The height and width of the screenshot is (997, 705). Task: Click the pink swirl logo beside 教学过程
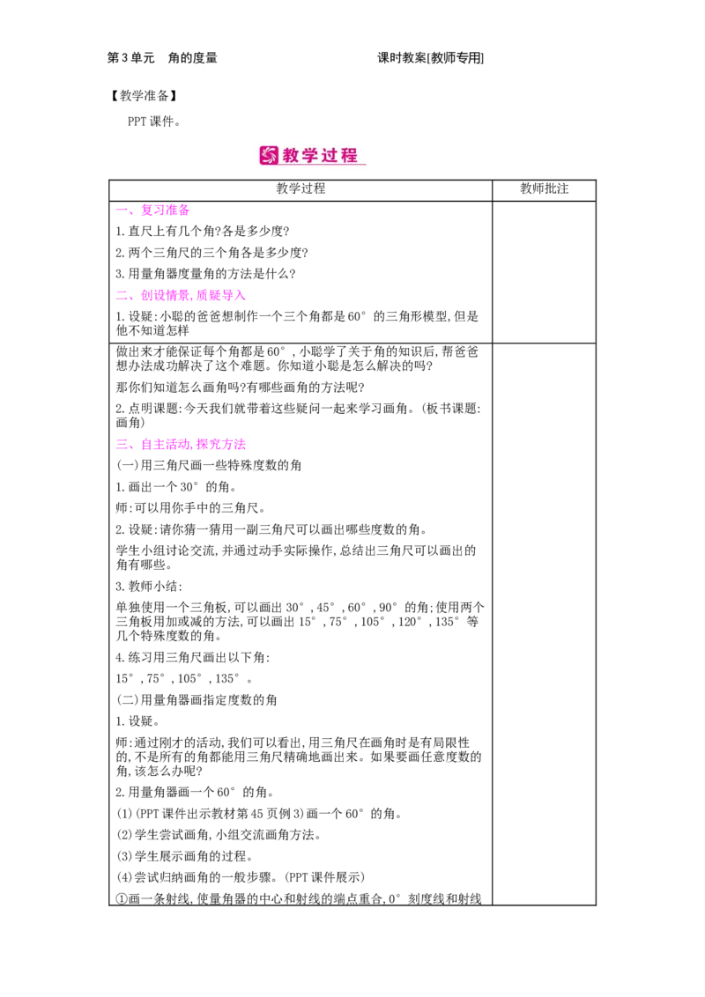(269, 156)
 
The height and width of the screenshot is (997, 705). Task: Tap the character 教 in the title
(292, 156)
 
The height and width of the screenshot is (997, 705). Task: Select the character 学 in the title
(311, 156)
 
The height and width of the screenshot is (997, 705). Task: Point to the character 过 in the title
(330, 156)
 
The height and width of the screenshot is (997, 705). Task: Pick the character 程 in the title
(350, 156)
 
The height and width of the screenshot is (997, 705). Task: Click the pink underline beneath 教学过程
(323, 166)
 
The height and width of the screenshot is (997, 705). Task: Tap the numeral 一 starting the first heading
(119, 210)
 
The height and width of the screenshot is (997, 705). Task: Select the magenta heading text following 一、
(165, 210)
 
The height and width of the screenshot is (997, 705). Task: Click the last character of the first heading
(184, 210)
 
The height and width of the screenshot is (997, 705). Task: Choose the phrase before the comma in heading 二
(167, 296)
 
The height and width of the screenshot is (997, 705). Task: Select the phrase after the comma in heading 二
(221, 296)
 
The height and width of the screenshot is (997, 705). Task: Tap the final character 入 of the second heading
(241, 296)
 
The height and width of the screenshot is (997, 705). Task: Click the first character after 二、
(146, 296)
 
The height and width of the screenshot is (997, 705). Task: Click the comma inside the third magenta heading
(194, 446)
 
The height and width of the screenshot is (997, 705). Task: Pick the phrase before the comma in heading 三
(167, 444)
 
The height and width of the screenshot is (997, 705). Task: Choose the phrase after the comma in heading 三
(221, 444)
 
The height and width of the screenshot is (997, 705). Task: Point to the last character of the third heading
(241, 444)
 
